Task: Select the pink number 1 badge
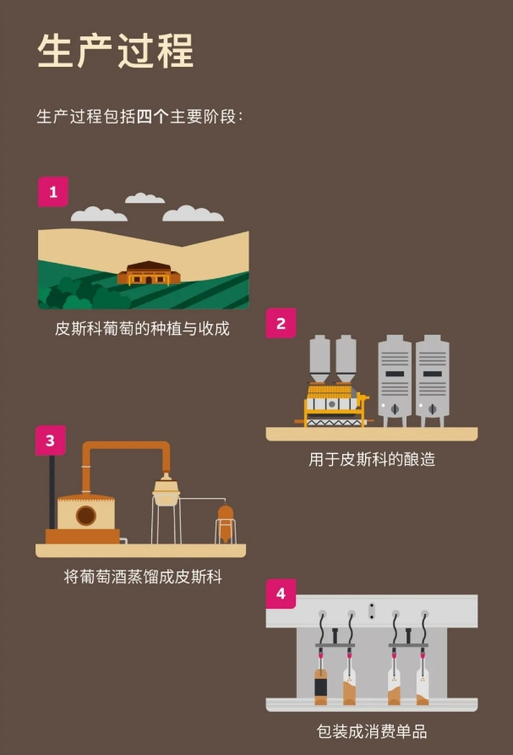pos(53,192)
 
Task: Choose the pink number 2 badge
pos(281,323)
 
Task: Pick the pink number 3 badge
pos(51,440)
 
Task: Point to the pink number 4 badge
pos(281,594)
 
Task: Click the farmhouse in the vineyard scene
pos(149,273)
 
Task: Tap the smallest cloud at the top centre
pos(145,199)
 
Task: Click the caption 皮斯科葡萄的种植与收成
pos(142,328)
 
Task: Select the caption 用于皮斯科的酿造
pos(372,460)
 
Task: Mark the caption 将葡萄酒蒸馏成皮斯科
pos(142,577)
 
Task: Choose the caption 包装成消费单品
pos(372,730)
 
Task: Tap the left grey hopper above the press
pos(319,358)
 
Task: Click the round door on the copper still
pos(85,515)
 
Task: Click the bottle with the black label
pos(321,686)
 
